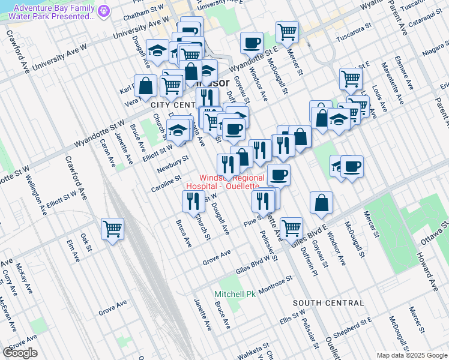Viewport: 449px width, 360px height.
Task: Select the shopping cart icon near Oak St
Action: [112, 229]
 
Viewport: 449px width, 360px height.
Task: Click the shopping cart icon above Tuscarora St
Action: [288, 32]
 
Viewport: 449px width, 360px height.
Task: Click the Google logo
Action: [20, 353]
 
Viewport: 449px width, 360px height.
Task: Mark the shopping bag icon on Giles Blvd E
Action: [322, 203]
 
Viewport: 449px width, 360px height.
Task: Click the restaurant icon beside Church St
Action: [193, 202]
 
